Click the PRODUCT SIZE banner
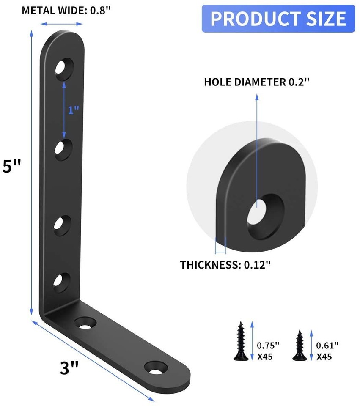point(278,19)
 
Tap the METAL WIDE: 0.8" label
point(66,10)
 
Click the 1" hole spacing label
point(73,110)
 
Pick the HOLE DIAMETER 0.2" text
point(257,82)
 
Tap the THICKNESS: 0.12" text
point(225,265)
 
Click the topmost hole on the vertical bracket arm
point(64,68)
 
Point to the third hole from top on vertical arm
point(62,223)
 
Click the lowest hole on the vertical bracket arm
point(62,281)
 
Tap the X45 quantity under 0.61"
point(324,356)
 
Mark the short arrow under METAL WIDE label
point(62,24)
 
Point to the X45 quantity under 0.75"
point(265,356)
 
